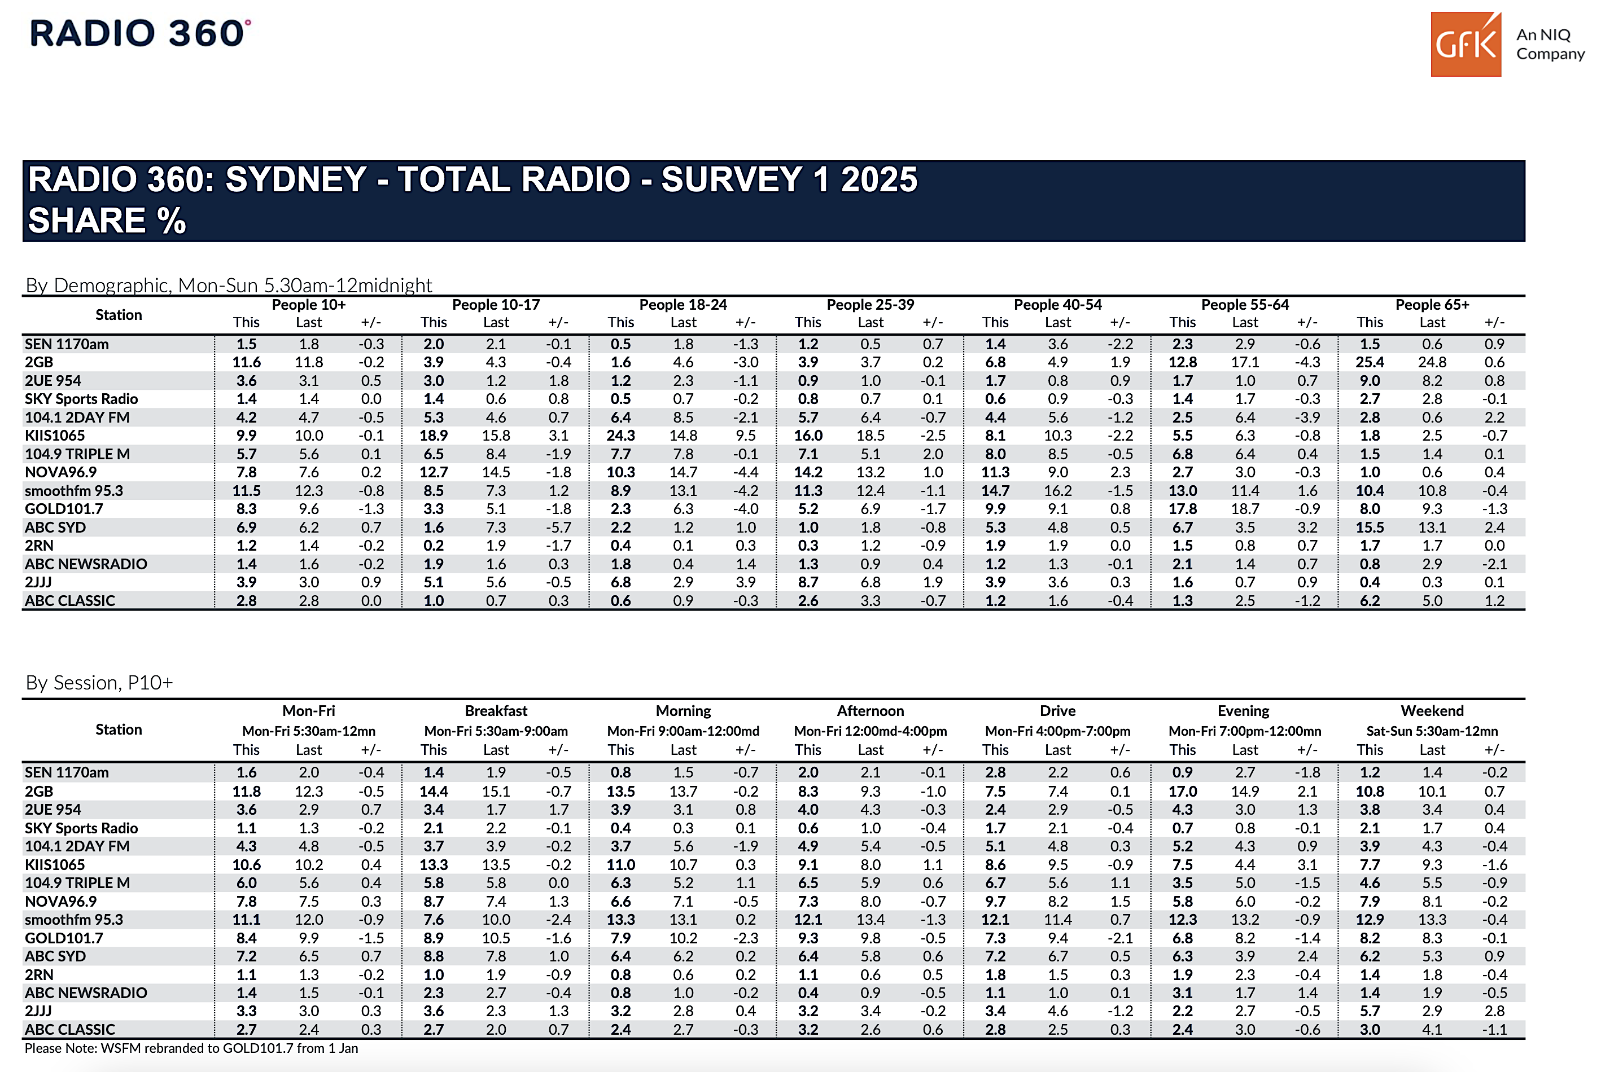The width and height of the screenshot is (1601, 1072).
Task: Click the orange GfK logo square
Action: coord(1465,45)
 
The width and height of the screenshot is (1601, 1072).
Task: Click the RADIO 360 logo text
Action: coord(139,33)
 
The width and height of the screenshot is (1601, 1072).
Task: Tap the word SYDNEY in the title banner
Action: coord(296,180)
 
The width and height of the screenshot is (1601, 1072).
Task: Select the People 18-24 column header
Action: coord(683,304)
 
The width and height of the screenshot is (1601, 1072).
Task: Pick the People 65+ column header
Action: coord(1432,304)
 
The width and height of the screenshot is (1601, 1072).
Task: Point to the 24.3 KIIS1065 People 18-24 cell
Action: coord(620,436)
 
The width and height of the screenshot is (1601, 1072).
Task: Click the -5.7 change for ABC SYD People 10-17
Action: coord(558,527)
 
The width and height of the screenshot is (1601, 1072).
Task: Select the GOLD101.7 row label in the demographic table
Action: coord(64,509)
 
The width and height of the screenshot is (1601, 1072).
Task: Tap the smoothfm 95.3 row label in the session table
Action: coord(74,920)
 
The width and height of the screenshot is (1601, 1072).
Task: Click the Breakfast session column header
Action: coord(496,710)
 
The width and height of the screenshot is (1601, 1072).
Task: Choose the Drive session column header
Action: coord(1057,710)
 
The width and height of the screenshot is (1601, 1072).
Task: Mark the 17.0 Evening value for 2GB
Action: coord(1183,791)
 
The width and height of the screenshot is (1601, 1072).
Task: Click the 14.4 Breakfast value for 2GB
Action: coord(434,791)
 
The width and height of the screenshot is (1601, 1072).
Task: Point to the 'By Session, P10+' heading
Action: coord(99,682)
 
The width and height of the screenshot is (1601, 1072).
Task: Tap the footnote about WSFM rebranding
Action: coord(191,1048)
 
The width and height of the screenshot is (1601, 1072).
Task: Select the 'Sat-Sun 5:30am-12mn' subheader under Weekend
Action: coord(1432,731)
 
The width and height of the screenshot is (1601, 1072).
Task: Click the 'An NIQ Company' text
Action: coord(1550,44)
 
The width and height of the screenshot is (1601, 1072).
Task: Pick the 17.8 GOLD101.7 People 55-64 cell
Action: coord(1183,509)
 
